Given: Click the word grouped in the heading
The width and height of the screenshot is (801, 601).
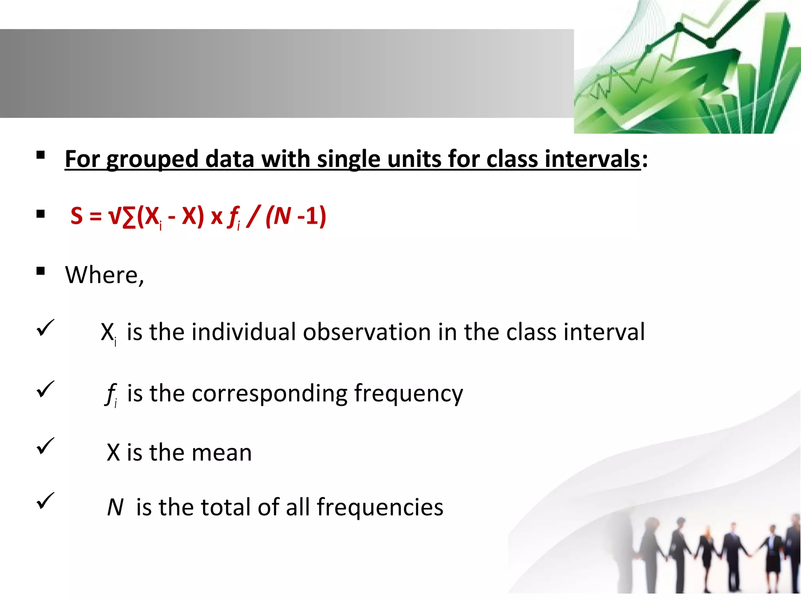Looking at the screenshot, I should [x=153, y=160].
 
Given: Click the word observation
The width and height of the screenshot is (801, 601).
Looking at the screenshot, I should [x=367, y=332].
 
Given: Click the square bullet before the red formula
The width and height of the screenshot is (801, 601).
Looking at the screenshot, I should [x=40, y=214].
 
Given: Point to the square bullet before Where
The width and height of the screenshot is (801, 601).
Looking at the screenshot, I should [x=40, y=271].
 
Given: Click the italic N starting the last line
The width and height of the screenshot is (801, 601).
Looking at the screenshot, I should [x=115, y=507].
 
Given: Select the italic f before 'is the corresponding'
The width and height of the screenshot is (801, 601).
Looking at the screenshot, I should [x=111, y=393].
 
